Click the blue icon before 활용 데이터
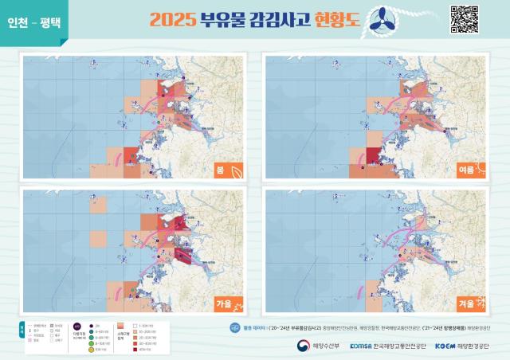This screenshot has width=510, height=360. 234,327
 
